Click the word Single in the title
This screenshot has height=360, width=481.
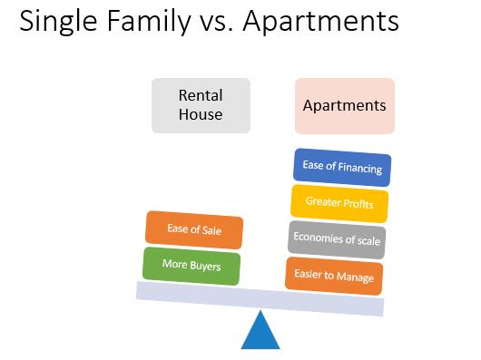(x=58, y=22)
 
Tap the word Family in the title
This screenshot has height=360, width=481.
(x=150, y=22)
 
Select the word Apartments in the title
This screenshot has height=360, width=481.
(x=320, y=22)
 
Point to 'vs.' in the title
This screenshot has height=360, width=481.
(x=217, y=24)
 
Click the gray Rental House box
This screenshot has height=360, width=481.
(x=201, y=105)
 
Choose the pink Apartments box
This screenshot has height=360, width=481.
(x=345, y=106)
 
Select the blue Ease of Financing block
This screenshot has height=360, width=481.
(x=342, y=167)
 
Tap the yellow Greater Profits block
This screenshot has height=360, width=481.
(x=339, y=203)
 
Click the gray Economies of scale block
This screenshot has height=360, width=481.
(x=337, y=239)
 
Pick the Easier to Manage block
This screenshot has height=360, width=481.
(x=334, y=276)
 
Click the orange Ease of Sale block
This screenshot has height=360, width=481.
(x=194, y=229)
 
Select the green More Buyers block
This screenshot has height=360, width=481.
(x=191, y=266)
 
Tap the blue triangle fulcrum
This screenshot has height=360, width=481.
(x=260, y=332)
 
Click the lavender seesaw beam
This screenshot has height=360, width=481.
(x=260, y=298)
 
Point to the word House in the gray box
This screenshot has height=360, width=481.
(x=201, y=114)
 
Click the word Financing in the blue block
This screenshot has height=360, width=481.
(x=360, y=168)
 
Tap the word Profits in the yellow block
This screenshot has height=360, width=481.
(x=358, y=204)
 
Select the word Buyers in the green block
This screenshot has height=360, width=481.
(x=205, y=267)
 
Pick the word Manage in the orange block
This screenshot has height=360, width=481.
(x=355, y=277)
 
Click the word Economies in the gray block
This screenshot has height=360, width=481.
(x=318, y=238)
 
